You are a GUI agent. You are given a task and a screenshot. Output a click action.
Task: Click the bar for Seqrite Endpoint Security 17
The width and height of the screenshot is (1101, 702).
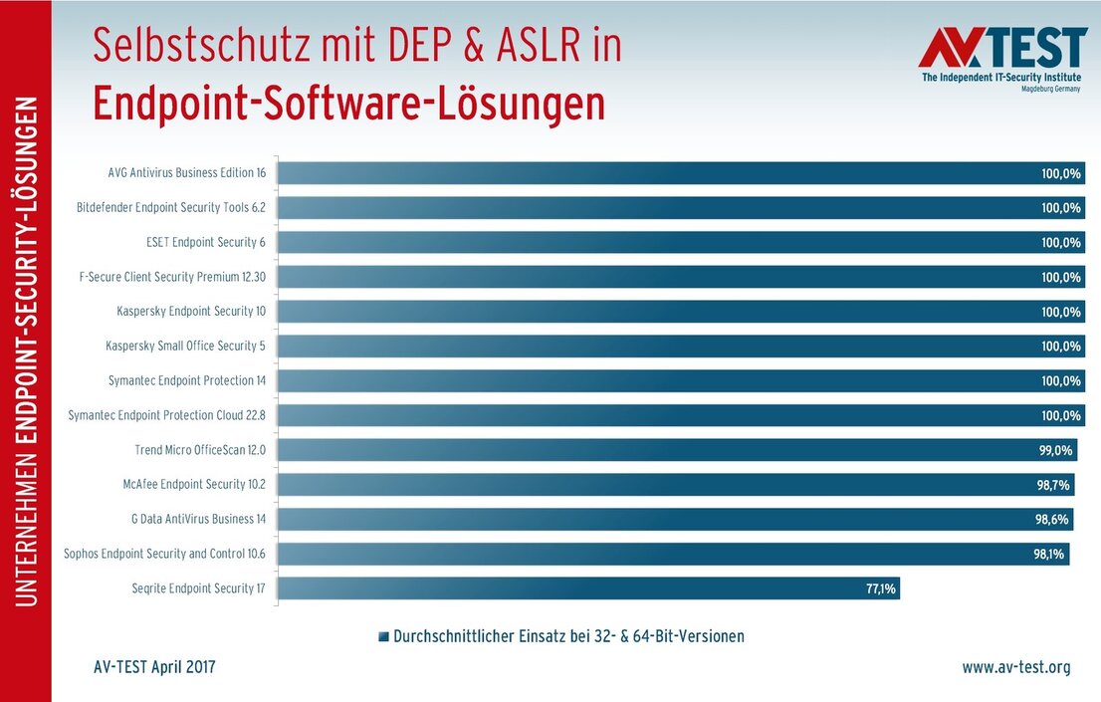[587, 588]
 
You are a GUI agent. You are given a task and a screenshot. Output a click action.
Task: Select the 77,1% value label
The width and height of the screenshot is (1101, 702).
[880, 588]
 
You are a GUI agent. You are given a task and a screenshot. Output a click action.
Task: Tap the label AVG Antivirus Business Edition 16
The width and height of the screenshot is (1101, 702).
[187, 172]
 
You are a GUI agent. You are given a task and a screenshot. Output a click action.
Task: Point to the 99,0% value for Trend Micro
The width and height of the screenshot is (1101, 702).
[1056, 450]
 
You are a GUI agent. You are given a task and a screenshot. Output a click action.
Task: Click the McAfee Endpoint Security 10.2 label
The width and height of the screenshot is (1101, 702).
[193, 484]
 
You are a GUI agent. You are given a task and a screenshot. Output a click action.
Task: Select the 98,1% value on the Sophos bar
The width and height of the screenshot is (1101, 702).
[1050, 554]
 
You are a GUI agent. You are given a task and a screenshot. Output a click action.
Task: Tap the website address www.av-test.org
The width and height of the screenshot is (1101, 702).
[1015, 667]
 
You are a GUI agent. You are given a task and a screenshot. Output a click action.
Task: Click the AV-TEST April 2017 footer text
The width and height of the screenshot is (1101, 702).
[148, 667]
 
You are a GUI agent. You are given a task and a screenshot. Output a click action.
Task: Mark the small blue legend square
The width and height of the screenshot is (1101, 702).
[384, 636]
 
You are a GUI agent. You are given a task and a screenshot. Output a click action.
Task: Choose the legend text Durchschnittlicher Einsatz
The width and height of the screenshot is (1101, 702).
[568, 635]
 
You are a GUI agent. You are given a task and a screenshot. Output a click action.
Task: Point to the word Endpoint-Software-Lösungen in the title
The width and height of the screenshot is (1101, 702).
[348, 105]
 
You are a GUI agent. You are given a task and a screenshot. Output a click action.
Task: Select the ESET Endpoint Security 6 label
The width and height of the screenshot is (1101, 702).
[206, 242]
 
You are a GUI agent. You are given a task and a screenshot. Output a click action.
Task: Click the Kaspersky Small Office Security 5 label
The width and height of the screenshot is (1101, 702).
[186, 346]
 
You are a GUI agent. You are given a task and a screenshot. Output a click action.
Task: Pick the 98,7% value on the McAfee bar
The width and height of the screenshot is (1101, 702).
[1052, 485]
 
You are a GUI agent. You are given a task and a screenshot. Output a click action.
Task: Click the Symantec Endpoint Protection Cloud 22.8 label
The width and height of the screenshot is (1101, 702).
[167, 415]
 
